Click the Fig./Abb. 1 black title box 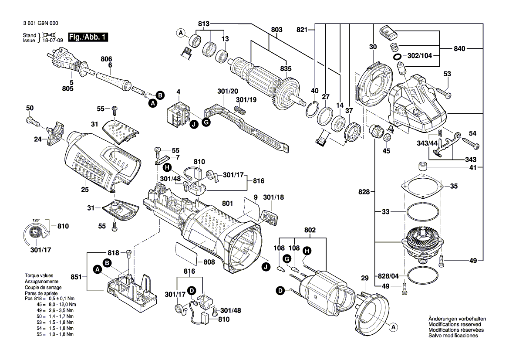(88, 37)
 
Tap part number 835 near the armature (286, 68)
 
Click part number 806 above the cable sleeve (106, 59)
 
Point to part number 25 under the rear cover (85, 189)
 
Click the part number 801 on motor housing (227, 203)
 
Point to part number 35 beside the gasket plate (454, 186)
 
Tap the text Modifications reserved (455, 325)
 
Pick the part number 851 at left (76, 276)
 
